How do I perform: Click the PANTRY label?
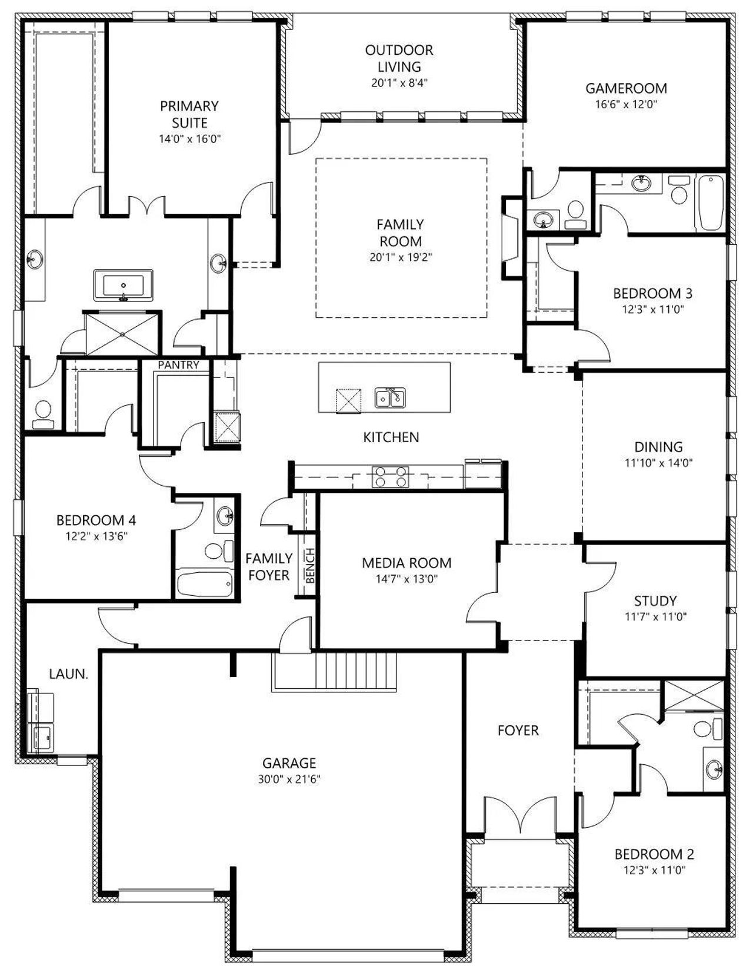[x=178, y=365]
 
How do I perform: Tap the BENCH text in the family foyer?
[x=310, y=566]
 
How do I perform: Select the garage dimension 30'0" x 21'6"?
[x=289, y=779]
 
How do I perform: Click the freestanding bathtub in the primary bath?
[x=124, y=285]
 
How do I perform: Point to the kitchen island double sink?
[x=390, y=397]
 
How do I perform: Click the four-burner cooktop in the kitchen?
[x=391, y=477]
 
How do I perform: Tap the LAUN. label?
[x=69, y=674]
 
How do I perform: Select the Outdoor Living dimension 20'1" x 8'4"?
[x=399, y=83]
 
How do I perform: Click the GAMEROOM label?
[x=626, y=88]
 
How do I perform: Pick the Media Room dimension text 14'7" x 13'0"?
[x=407, y=579]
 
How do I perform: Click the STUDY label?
[x=655, y=601]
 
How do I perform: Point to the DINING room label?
[x=658, y=447]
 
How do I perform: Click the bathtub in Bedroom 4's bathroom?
[x=205, y=583]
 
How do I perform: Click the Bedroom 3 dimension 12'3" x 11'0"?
[x=652, y=309]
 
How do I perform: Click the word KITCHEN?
[x=391, y=437]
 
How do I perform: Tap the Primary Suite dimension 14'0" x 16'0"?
[x=189, y=138]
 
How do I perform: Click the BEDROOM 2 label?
[x=654, y=854]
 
